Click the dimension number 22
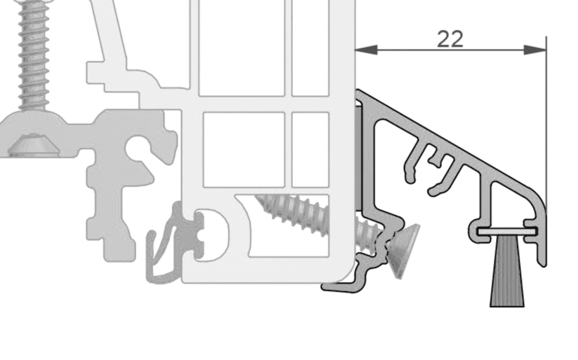coord(450,39)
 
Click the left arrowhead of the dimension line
coord(366,49)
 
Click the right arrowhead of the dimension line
coord(535,49)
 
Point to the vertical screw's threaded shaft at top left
coord(34,55)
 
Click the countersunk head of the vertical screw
coord(34,145)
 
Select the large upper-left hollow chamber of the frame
coord(242,48)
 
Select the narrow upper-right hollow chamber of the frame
coord(310,48)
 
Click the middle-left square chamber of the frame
coord(244,149)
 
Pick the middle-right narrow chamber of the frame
coord(310,149)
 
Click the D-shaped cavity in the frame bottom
coord(212,235)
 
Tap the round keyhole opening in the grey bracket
coord(139,148)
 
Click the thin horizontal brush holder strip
coord(507,232)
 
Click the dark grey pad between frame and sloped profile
coord(358,158)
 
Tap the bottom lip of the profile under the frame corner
coord(341,286)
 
